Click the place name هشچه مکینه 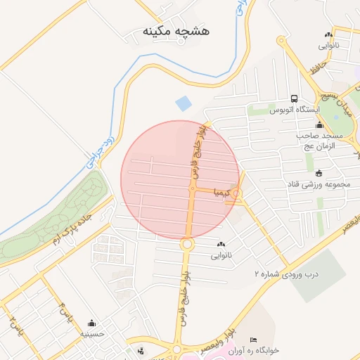click(x=176, y=32)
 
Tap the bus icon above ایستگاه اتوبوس click(x=294, y=98)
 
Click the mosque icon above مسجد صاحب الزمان click(x=320, y=124)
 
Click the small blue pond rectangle click(x=183, y=103)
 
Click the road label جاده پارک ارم click(x=76, y=229)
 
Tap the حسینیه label click(x=91, y=334)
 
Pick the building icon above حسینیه click(x=91, y=323)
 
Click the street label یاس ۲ click(x=13, y=324)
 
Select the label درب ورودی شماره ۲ click(x=286, y=273)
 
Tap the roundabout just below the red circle click(x=187, y=245)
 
